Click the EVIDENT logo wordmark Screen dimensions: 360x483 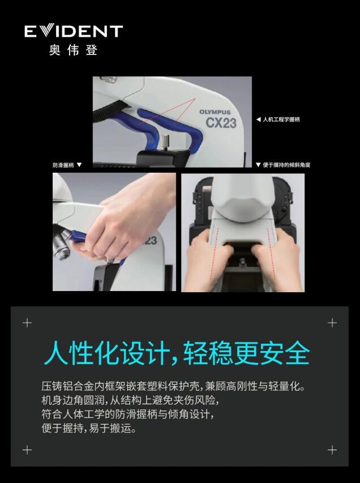(74, 31)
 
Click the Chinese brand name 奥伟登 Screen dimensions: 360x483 (73, 50)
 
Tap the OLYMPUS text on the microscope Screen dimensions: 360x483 (215, 112)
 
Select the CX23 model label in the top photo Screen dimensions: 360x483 (221, 123)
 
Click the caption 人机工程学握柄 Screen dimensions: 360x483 (281, 119)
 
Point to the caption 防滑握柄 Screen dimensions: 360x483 (63, 165)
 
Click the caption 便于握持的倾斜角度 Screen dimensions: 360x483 (286, 165)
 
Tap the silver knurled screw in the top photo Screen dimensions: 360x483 (166, 142)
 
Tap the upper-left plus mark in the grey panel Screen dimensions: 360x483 (27, 323)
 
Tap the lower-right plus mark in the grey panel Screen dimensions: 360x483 (332, 450)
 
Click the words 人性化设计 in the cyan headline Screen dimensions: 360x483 (107, 353)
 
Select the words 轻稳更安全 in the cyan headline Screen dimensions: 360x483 (246, 353)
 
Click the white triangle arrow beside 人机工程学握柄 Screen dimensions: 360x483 (258, 119)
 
